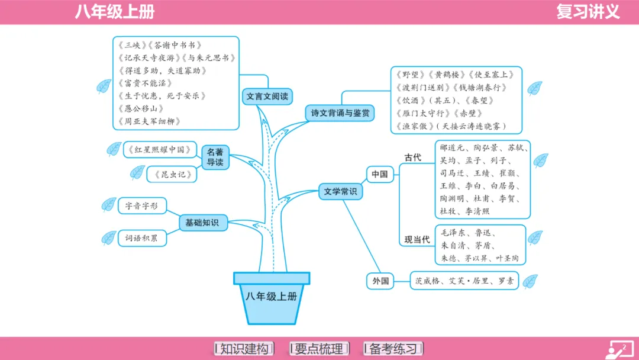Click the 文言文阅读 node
click(x=267, y=96)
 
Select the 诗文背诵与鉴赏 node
click(x=340, y=112)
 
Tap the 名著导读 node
click(x=215, y=156)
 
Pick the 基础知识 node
click(x=202, y=223)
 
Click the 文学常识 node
click(x=341, y=191)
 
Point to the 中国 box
click(x=379, y=174)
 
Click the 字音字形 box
click(x=141, y=206)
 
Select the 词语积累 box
click(x=141, y=238)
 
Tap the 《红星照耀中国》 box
click(x=160, y=150)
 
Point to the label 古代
click(x=412, y=157)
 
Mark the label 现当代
click(x=417, y=240)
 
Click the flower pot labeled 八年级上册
click(x=272, y=298)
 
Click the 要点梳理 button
click(x=319, y=349)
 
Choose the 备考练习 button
click(x=393, y=349)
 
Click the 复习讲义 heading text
click(x=588, y=12)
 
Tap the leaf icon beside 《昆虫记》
click(x=137, y=172)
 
